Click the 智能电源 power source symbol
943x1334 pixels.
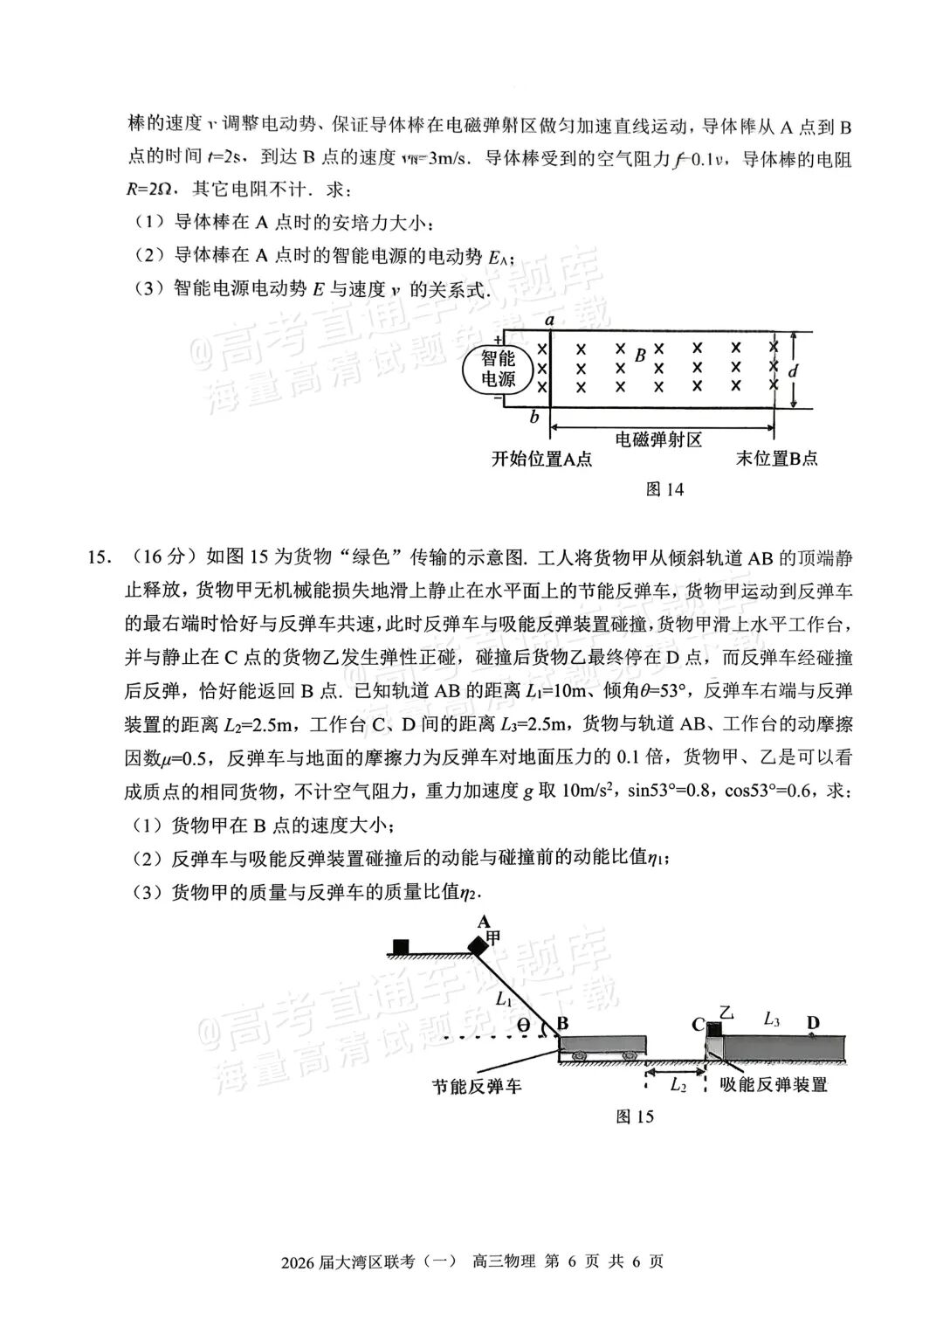pos(498,369)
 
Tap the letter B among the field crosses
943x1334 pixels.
pos(640,356)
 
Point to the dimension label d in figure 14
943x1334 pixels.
pos(793,371)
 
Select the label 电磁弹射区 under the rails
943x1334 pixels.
pos(659,439)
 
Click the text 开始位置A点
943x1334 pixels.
pos(541,459)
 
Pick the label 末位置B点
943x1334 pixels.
pos(776,459)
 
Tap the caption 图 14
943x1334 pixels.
pos(664,489)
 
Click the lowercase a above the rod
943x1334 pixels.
pos(550,320)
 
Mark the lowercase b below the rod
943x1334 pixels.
pos(534,418)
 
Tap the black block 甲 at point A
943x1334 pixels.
pos(478,945)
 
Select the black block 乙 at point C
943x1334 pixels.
pos(713,1027)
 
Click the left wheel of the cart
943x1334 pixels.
pos(579,1056)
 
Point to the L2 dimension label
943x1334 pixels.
pos(678,1084)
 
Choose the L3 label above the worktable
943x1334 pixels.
pos(772,1018)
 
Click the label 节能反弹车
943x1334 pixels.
pos(477,1087)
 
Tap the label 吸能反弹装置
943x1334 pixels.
pos(774,1084)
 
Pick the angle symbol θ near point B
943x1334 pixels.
pos(524,1025)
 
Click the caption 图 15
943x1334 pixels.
pos(635,1116)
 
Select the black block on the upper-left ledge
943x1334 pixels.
pos(401,946)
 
